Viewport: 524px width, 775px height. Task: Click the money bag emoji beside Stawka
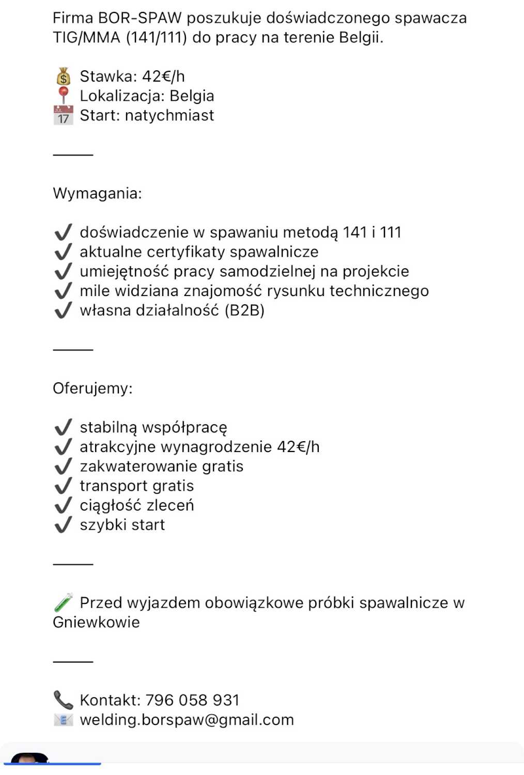pos(63,77)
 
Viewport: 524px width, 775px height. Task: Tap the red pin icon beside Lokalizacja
pos(63,96)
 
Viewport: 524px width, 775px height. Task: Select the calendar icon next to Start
pos(63,115)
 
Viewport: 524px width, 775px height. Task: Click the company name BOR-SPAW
pos(140,18)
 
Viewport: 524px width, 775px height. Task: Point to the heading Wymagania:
pos(97,194)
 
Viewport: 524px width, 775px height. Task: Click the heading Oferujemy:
pos(93,389)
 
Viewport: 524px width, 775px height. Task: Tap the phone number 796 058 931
pos(192,700)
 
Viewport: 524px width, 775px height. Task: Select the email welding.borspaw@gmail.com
pos(187,720)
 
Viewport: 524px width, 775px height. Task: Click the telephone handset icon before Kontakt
pos(63,700)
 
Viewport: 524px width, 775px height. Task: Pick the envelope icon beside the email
pos(63,720)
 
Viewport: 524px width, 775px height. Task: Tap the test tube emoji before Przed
pos(63,602)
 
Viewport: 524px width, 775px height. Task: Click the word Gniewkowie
pos(96,622)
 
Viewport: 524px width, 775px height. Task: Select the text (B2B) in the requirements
pos(244,311)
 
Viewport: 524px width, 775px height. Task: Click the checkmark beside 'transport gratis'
pos(63,486)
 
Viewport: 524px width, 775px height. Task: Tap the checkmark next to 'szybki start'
pos(63,525)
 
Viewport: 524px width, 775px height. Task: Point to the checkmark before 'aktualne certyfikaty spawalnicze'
pos(63,252)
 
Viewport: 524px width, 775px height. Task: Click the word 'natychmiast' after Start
pos(169,115)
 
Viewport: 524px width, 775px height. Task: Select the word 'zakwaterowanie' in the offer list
pos(138,467)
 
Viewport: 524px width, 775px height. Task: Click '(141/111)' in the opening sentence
pos(157,38)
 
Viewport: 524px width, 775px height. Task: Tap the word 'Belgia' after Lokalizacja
pos(192,96)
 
